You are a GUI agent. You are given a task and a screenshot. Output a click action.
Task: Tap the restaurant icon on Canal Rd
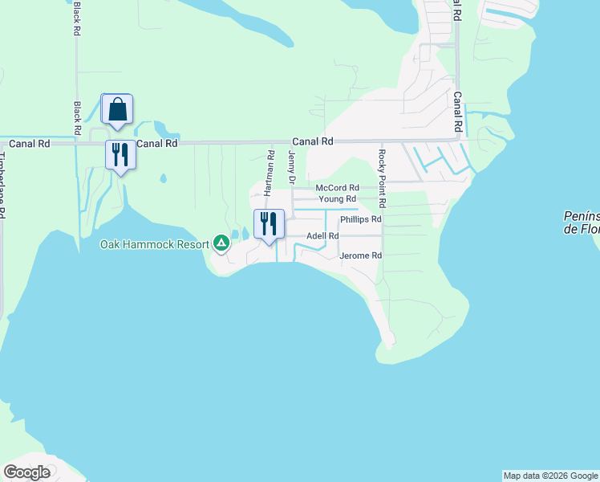[120, 153]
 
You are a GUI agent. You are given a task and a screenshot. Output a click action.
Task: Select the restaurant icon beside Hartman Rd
[269, 223]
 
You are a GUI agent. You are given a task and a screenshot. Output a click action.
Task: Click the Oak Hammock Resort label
[153, 244]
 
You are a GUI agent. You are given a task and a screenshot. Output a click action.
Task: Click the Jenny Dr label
[292, 168]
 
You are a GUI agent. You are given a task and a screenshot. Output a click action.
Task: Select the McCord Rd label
[337, 187]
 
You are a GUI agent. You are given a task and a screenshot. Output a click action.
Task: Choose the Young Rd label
[337, 198]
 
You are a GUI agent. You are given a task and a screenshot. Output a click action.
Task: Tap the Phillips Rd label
[360, 219]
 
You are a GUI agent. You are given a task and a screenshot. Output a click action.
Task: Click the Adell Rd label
[322, 236]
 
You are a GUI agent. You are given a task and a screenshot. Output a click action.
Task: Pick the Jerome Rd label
[360, 255]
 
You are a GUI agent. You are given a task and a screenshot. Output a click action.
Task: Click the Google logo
[26, 472]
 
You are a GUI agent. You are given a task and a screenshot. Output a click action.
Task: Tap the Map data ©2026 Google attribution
[550, 476]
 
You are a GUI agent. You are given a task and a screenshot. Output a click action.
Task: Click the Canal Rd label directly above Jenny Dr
[312, 141]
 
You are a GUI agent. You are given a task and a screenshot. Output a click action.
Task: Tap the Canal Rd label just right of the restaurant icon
[156, 144]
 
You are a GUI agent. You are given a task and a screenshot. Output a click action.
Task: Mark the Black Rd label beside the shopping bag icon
[77, 118]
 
